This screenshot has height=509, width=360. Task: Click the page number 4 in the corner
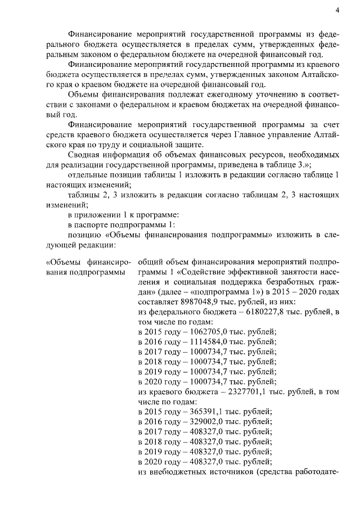337,10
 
